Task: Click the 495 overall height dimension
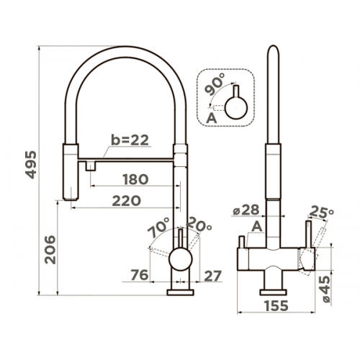coord(31,165)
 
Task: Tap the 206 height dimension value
coord(50,250)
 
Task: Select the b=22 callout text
coord(130,140)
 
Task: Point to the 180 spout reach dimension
coord(135,179)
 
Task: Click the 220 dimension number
coord(127,201)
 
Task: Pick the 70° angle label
coord(159,227)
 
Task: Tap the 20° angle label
coord(199,225)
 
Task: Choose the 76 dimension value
coord(140,275)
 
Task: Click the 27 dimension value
coord(212,276)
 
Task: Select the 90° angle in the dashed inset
coord(215,84)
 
